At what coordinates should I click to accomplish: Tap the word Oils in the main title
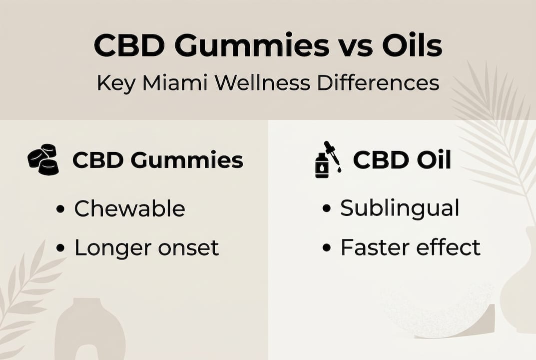point(412,46)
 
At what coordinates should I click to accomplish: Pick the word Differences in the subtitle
point(378,83)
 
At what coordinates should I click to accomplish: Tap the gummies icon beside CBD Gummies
point(43,159)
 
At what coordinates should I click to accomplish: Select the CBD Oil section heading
point(402,160)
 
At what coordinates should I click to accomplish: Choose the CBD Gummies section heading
point(158,160)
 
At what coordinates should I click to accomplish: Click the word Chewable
point(129,208)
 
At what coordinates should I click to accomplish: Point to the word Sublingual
point(400,208)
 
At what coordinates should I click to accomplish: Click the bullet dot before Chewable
point(61,209)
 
